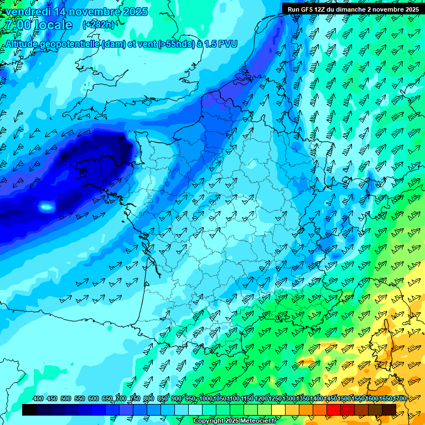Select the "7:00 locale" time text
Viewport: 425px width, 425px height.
(39, 25)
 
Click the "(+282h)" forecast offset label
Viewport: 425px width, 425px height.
(99, 25)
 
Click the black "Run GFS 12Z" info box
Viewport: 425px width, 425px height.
(353, 9)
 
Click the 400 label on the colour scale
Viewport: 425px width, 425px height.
(38, 399)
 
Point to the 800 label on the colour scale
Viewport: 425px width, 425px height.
(148, 399)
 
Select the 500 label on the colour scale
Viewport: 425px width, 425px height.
(66, 399)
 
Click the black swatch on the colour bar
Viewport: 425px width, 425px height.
(29, 410)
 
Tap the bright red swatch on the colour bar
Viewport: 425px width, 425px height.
(334, 410)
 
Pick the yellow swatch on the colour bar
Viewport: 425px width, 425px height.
(278, 410)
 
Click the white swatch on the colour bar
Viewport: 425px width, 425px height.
(195, 410)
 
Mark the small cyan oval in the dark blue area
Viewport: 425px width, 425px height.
(47, 207)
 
